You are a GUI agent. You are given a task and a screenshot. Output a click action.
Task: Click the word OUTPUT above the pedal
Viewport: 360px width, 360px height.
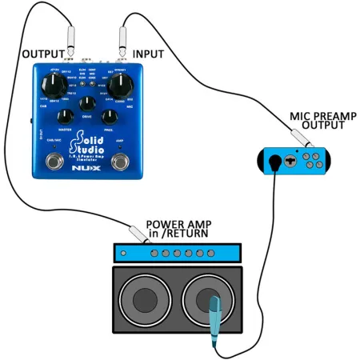click(42, 54)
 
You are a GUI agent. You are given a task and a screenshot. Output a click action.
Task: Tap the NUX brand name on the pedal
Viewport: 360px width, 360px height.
click(87, 169)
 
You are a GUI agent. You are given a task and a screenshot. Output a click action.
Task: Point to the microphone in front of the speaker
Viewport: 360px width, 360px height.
click(214, 320)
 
